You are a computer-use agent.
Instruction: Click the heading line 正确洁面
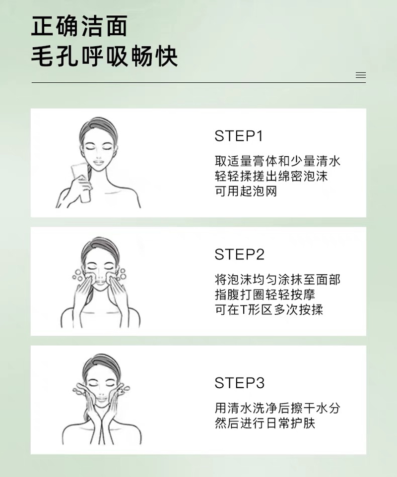pos(79,26)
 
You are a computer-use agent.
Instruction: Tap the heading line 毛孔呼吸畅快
pos(104,57)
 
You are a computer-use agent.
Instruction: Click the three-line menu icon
pos(361,75)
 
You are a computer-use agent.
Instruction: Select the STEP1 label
pos(239,136)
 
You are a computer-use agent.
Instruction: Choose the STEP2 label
pos(240,254)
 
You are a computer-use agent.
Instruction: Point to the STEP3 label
pos(240,383)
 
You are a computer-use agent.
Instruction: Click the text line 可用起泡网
pos(246,191)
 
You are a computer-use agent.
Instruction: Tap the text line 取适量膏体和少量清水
pos(277,161)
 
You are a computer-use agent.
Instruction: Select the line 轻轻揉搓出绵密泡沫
pos(271,176)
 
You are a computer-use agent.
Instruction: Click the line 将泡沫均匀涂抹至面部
pos(277,280)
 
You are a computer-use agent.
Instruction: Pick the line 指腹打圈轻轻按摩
pos(265,295)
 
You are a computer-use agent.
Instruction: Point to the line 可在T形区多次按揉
pos(269,310)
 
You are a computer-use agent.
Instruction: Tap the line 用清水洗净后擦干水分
pos(277,408)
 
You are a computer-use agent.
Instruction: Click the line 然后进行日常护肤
pos(265,423)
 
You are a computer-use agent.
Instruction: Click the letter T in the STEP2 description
pos(243,310)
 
